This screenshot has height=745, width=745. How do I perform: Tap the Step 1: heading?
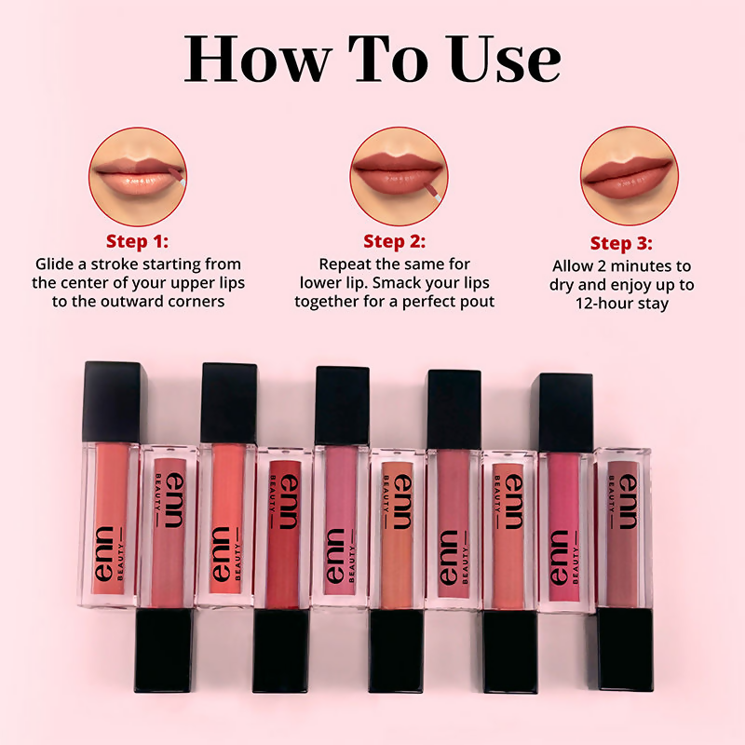pyautogui.click(x=138, y=241)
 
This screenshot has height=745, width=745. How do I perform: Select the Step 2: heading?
pyautogui.click(x=394, y=241)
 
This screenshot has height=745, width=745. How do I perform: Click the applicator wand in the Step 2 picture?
pyautogui.click(x=431, y=192)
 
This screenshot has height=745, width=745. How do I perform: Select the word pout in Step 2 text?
pyautogui.click(x=475, y=302)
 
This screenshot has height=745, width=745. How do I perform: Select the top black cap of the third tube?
pyautogui.click(x=229, y=402)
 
